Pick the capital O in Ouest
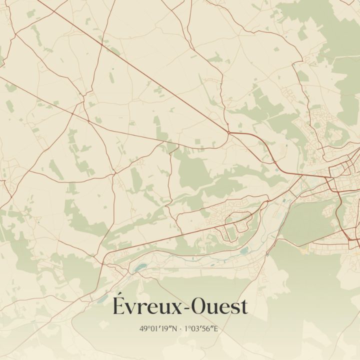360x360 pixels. [197, 306]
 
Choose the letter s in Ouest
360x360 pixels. [234, 308]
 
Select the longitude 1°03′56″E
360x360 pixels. [202, 329]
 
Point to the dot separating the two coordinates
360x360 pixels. [180, 329]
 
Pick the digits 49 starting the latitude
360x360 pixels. [143, 329]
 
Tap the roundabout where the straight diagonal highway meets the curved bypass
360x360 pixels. [228, 132]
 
